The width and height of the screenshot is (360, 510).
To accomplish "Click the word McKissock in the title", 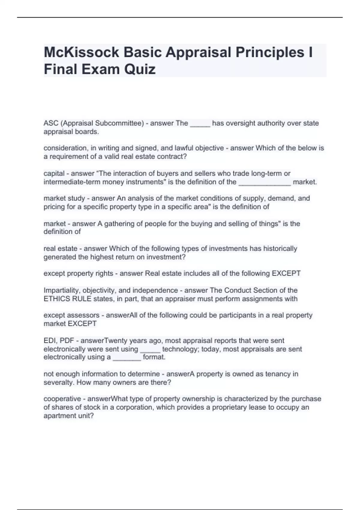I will point(81,52).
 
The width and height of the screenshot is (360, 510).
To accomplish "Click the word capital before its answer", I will point(54,173).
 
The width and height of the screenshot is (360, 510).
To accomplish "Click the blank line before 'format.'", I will point(127,358).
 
